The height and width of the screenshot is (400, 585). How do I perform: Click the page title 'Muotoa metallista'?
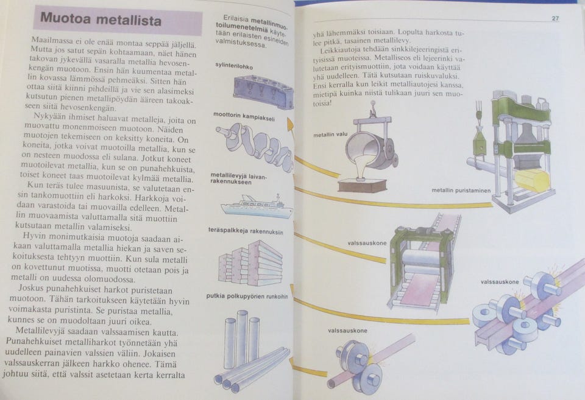pyautogui.click(x=101, y=19)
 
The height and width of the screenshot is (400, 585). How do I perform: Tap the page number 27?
pyautogui.click(x=555, y=18)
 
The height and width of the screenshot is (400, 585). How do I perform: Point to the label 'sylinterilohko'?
pyautogui.click(x=234, y=66)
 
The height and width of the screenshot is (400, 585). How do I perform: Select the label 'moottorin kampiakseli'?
pyautogui.click(x=244, y=116)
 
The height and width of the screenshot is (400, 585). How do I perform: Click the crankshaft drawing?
pyautogui.click(x=253, y=146)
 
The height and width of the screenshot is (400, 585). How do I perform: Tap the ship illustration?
pyautogui.click(x=257, y=206)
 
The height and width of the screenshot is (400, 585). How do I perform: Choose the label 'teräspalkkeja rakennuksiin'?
pyautogui.click(x=246, y=231)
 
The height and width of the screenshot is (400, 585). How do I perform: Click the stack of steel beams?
pyautogui.click(x=250, y=263)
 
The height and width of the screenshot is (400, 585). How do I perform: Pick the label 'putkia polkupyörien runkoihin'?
pyautogui.click(x=247, y=296)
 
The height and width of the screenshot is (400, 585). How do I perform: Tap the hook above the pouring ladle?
pyautogui.click(x=372, y=109)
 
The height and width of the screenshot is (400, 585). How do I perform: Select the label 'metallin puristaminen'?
pyautogui.click(x=461, y=191)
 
